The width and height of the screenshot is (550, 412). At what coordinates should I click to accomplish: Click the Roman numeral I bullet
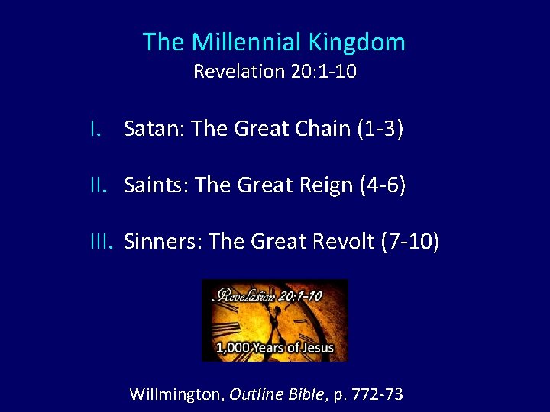[x=93, y=129]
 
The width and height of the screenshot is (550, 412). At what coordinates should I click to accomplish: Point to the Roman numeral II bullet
[x=100, y=185]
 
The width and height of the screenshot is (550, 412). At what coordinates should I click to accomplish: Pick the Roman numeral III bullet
[x=102, y=242]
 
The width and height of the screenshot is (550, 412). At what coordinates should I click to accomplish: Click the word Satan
[x=154, y=129]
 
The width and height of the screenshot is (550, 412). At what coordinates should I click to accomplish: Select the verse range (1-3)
[x=380, y=129]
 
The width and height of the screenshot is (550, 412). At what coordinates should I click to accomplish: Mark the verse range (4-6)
[x=386, y=185]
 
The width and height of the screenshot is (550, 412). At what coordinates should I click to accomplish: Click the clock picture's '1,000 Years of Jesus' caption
[x=275, y=348]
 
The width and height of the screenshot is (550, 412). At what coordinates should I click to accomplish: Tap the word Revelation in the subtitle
[x=238, y=72]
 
